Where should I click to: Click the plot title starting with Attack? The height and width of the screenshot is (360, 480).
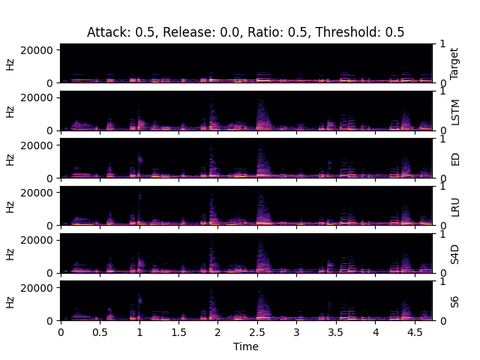point(245,32)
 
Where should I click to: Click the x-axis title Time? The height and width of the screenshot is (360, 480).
point(245,346)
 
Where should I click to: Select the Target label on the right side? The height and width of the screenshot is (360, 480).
point(454,63)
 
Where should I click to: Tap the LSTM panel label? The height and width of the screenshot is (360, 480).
point(454,111)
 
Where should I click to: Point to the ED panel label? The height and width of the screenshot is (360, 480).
point(454,158)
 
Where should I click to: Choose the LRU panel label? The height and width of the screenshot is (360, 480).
point(454,206)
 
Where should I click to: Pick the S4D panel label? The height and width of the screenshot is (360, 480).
point(454,253)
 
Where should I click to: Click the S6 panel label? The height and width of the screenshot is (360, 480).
point(454,301)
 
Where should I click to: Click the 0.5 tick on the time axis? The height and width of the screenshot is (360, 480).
point(100,331)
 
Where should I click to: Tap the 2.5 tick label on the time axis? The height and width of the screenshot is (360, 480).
point(257,331)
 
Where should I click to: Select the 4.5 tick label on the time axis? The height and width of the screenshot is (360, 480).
point(415,331)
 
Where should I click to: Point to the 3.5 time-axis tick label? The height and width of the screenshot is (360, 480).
point(336,331)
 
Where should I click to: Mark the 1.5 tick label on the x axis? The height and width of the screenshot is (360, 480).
point(178,331)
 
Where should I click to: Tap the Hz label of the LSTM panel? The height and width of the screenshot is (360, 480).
point(10,111)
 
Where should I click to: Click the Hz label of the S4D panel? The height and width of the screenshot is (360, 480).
point(10,253)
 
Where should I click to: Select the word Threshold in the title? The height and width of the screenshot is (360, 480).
point(356,32)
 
